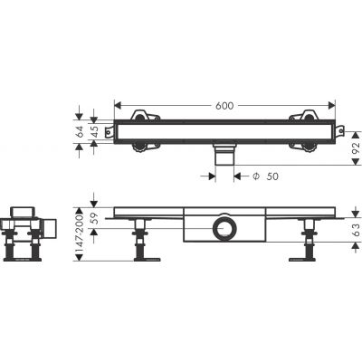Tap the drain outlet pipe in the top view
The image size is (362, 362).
223,157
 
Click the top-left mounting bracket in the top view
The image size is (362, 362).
142,118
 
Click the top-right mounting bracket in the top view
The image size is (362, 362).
301,118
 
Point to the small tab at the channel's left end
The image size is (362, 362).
110,132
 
